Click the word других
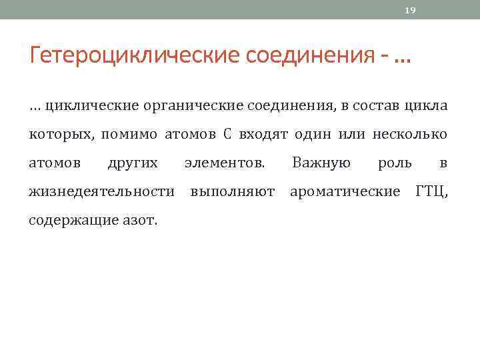[x=133, y=163]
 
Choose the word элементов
[x=224, y=163]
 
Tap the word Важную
[x=321, y=163]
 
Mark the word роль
[x=395, y=163]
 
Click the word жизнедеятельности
[x=102, y=192]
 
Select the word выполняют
[x=232, y=192]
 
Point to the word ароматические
[x=345, y=192]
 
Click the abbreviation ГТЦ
[x=431, y=192]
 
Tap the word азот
[x=139, y=221]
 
